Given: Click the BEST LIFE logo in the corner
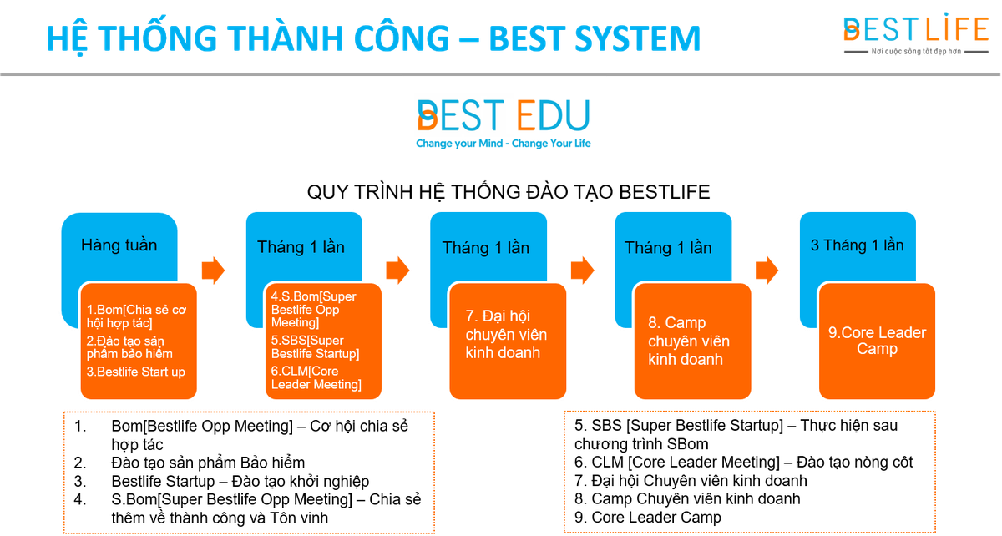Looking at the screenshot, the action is pos(916,34).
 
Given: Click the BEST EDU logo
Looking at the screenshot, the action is pos(504,115).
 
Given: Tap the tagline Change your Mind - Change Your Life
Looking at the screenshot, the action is pos(504,143).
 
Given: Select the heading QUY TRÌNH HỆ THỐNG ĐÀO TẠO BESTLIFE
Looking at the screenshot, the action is pos(509,192).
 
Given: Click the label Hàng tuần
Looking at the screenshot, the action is pos(119,245).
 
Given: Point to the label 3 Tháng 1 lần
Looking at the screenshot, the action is pos(857,245).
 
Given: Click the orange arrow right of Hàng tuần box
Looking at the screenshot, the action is pos(213,271).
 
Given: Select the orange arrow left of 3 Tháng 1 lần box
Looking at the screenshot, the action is pos(767,271).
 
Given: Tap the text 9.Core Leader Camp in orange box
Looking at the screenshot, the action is pos(877,341).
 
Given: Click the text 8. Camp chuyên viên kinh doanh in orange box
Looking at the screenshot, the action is pos(689,341).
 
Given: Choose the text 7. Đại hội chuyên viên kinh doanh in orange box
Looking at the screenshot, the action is pos(506,334).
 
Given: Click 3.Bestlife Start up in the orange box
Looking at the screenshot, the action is pos(135,372).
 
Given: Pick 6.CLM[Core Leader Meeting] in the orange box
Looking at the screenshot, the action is pos(316,377).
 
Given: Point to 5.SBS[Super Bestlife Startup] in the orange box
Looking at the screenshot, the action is pos(315,347).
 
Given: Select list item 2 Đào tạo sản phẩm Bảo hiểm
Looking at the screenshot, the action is pos(190,463).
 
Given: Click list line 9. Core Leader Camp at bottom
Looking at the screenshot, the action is pos(647,517).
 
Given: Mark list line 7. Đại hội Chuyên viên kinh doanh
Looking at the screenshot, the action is pos(691,481).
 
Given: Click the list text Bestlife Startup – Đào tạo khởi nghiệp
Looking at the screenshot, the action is pos(240,482).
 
